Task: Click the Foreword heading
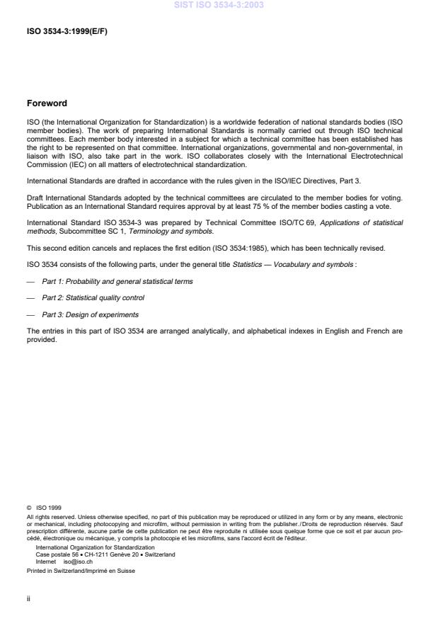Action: pos(47,103)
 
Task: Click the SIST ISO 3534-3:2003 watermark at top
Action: pos(219,5)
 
